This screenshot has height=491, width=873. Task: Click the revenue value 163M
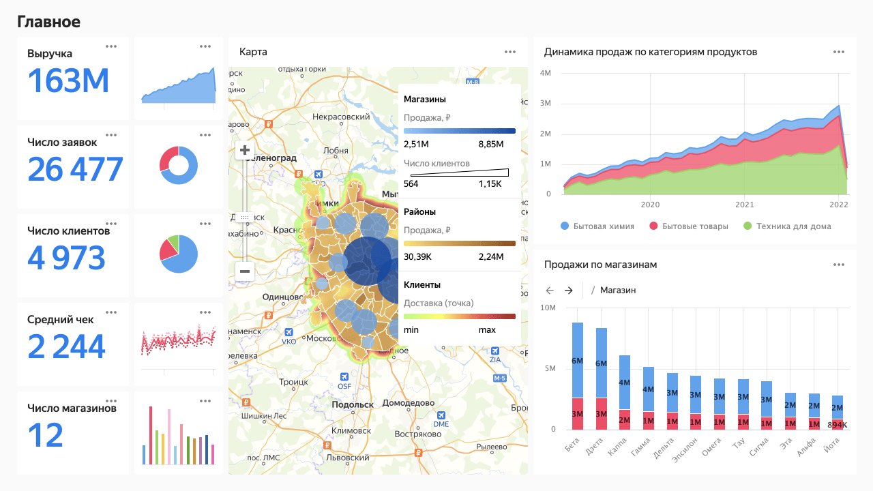68,81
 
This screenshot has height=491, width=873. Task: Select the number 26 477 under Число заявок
75,170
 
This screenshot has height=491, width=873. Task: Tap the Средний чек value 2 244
67,346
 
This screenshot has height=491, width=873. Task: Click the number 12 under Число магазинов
46,435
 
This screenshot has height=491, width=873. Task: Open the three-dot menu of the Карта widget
510,52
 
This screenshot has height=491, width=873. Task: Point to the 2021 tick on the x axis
745,204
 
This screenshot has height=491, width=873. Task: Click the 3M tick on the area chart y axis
545,104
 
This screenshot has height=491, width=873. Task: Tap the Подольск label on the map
352,404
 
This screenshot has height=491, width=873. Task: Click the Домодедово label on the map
409,403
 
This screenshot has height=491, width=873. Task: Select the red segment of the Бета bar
577,413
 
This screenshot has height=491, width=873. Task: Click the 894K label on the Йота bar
836,425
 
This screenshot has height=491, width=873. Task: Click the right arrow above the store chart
569,291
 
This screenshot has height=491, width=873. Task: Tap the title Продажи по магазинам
600,265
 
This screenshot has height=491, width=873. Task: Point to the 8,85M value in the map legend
491,144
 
